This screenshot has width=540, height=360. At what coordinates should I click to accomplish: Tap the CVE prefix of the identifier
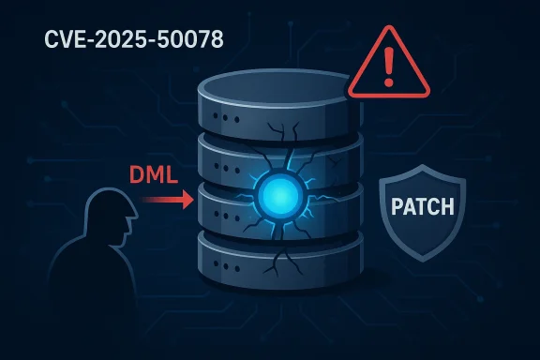coord(62,41)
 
